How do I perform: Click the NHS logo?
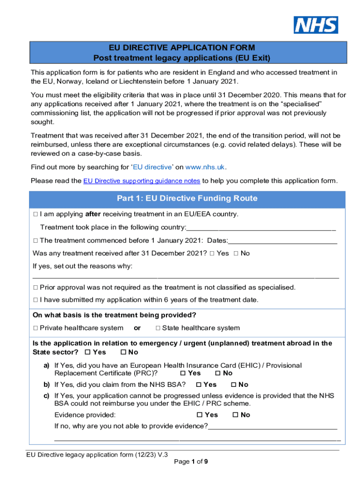(316, 25)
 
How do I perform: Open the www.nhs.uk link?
(205, 167)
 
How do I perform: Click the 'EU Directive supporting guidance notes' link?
(142, 181)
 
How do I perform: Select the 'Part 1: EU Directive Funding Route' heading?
(187, 198)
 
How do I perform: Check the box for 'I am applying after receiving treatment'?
(36, 214)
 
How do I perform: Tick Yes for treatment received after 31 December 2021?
(212, 253)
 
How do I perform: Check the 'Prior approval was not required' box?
(36, 287)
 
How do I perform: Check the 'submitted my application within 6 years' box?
(36, 300)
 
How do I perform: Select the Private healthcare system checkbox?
(36, 328)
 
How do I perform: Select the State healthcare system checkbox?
(158, 328)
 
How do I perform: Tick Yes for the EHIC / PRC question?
(183, 373)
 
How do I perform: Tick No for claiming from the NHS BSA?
(234, 385)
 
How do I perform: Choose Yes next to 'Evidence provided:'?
(200, 414)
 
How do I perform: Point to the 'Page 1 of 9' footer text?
(191, 462)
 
